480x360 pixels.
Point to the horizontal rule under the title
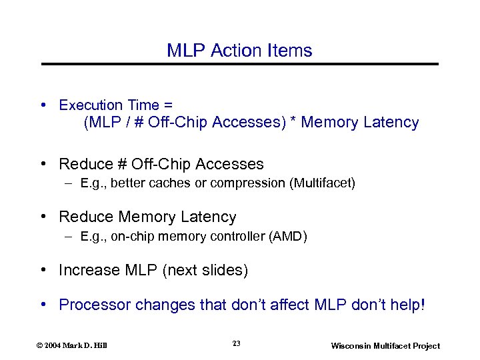click(x=240, y=64)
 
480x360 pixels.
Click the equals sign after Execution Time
click(x=168, y=105)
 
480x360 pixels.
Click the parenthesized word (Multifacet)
click(x=322, y=183)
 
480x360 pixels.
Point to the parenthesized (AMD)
click(x=287, y=236)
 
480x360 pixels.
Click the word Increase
click(x=89, y=270)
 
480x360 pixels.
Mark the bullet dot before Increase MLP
click(x=43, y=270)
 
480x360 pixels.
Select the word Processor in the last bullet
click(x=95, y=305)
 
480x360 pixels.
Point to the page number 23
click(x=237, y=343)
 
